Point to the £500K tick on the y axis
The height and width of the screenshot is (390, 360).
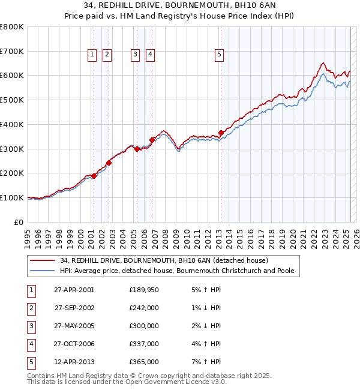coord(12,100)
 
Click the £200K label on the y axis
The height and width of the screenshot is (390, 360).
coord(12,173)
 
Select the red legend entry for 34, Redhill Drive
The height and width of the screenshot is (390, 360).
coord(167,260)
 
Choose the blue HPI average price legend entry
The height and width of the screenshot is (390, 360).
coord(177,271)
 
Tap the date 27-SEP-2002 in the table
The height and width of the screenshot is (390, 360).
coord(74,308)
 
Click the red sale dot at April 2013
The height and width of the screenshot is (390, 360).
coord(221,133)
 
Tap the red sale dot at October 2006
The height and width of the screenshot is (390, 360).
coord(152,140)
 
